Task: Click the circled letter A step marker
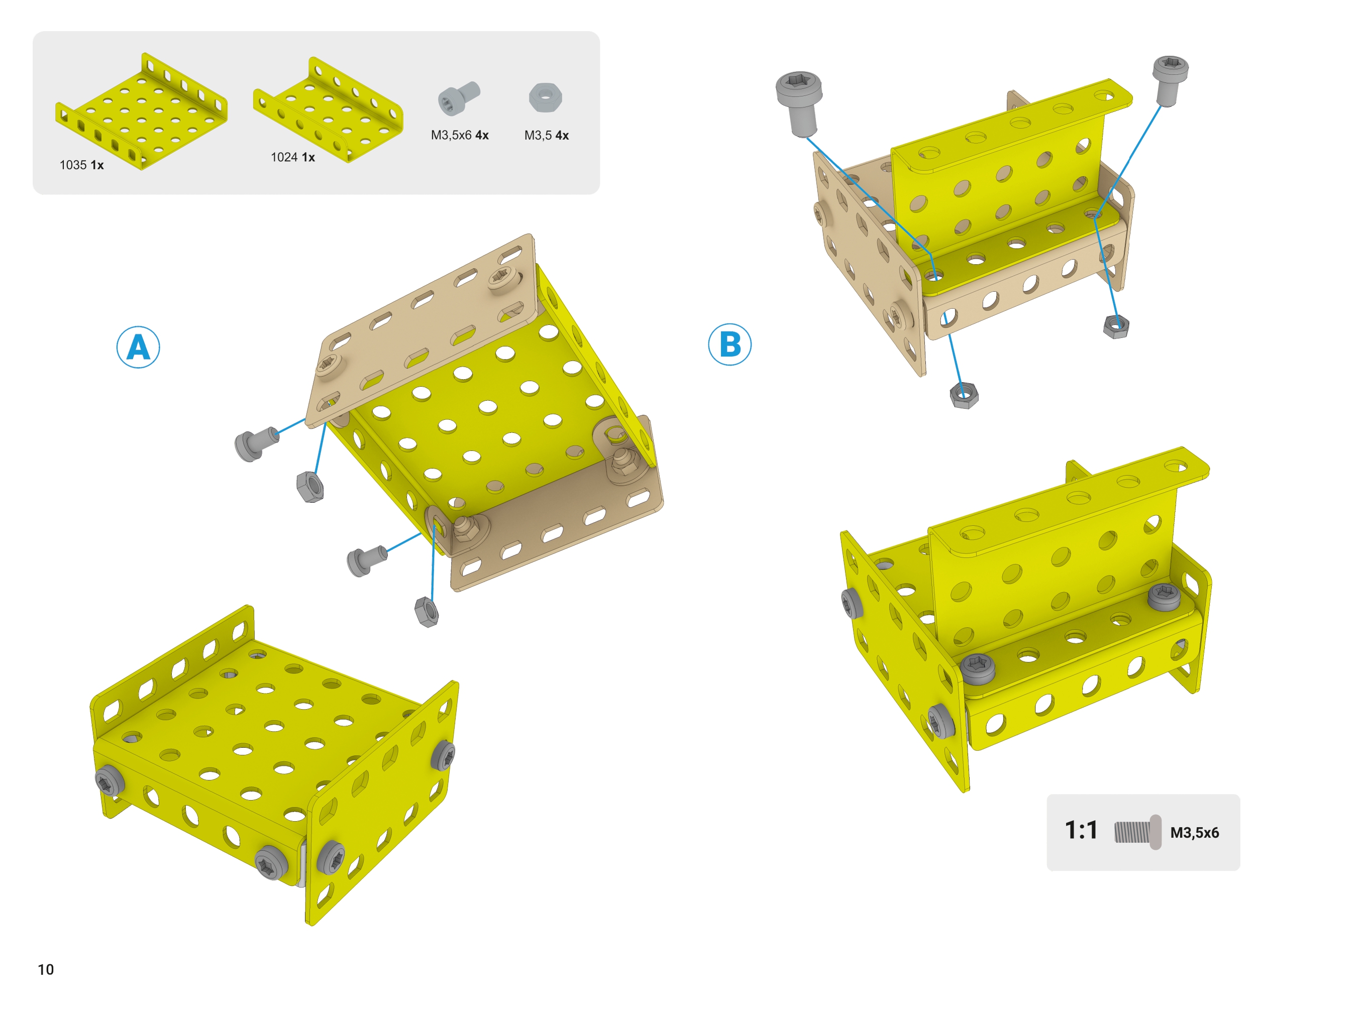[x=138, y=347]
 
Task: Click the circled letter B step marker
[x=729, y=344]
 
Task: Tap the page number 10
[x=46, y=969]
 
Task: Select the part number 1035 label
[x=81, y=165]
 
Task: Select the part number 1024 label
[x=293, y=157]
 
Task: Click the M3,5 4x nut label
[x=546, y=135]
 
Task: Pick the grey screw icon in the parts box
[x=458, y=97]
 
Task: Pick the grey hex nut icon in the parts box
[x=545, y=97]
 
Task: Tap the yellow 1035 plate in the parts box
[x=141, y=111]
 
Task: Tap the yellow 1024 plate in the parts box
[x=328, y=110]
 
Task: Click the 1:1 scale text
[x=1081, y=831]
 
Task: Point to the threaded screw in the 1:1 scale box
[x=1137, y=832]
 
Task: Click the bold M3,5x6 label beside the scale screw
[x=1194, y=832]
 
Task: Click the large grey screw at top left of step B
[x=800, y=103]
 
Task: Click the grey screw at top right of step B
[x=1170, y=80]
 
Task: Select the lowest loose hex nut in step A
[x=427, y=612]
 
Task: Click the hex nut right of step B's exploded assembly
[x=1116, y=326]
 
